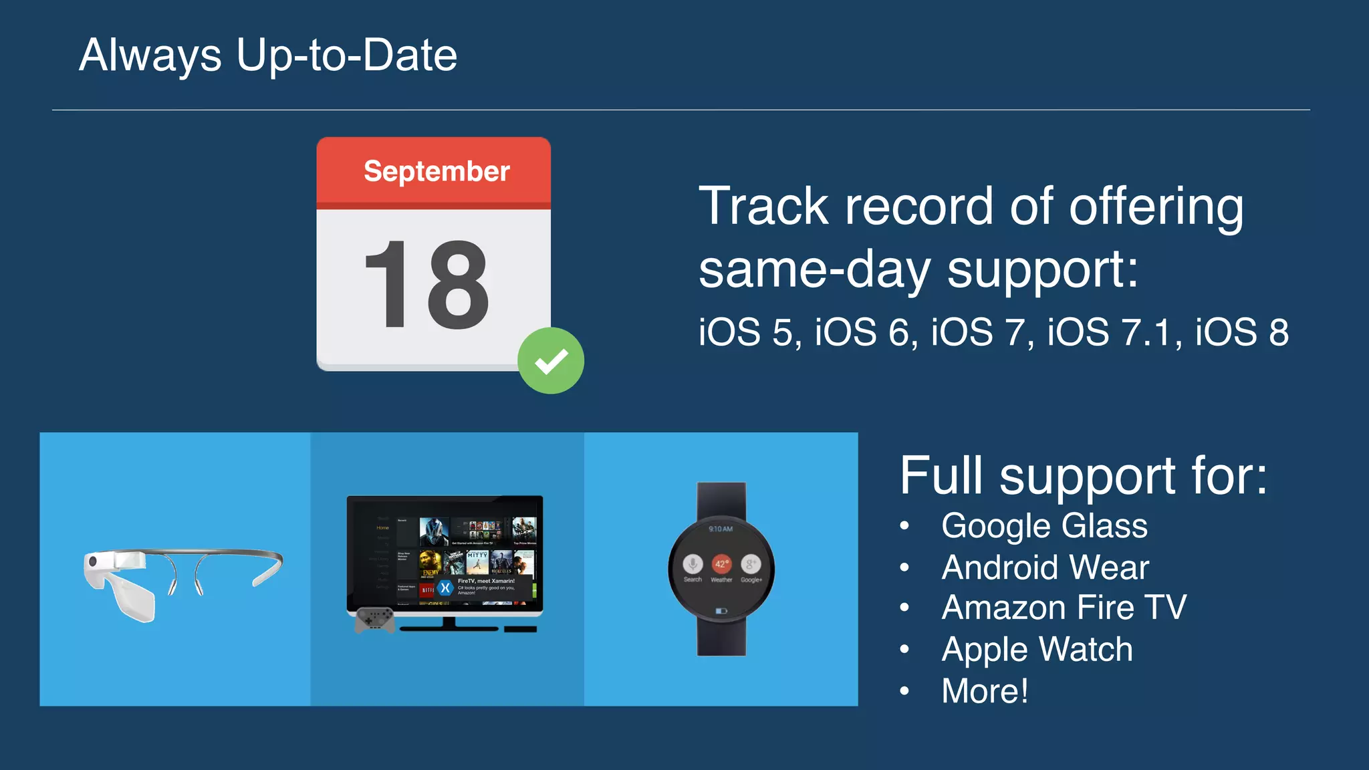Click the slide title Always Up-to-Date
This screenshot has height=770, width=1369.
click(268, 55)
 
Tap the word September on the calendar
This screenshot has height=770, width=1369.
click(437, 171)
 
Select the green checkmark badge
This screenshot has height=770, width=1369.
click(551, 361)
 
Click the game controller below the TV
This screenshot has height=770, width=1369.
click(374, 620)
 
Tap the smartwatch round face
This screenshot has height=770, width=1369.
click(721, 569)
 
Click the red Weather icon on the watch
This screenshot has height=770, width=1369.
click(721, 563)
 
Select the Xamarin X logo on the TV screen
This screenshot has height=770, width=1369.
click(445, 588)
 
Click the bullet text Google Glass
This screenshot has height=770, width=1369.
click(1044, 526)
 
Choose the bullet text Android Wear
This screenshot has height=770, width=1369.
click(1045, 567)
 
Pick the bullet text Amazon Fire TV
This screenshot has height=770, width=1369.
click(1064, 608)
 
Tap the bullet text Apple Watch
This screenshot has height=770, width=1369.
click(1037, 650)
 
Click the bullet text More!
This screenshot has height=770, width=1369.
click(985, 691)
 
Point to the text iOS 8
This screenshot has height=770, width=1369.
click(1241, 332)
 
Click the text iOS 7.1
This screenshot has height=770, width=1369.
click(1109, 332)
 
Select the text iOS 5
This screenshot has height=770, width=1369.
click(748, 332)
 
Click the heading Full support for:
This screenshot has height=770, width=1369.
click(1083, 476)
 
